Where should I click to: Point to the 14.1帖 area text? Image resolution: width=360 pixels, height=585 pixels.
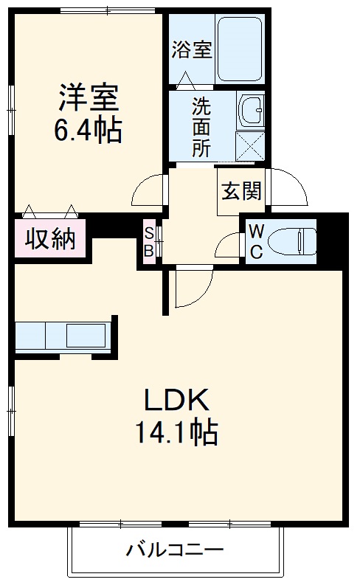point(176,432)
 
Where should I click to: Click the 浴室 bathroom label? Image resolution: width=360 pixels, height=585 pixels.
point(192,50)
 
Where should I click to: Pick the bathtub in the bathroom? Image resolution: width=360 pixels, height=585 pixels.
point(240,49)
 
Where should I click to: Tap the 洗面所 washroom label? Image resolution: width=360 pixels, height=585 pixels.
point(201,126)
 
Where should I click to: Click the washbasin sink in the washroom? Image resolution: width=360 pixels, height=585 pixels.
point(251,110)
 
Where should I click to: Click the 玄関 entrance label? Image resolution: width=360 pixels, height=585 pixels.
point(240,191)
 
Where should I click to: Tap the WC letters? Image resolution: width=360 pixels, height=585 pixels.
point(256,240)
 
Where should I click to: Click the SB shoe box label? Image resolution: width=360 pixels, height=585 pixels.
point(148,241)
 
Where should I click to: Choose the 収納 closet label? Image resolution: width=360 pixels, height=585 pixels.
point(50,238)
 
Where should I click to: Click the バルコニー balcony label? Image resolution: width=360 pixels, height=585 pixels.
point(174,550)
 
